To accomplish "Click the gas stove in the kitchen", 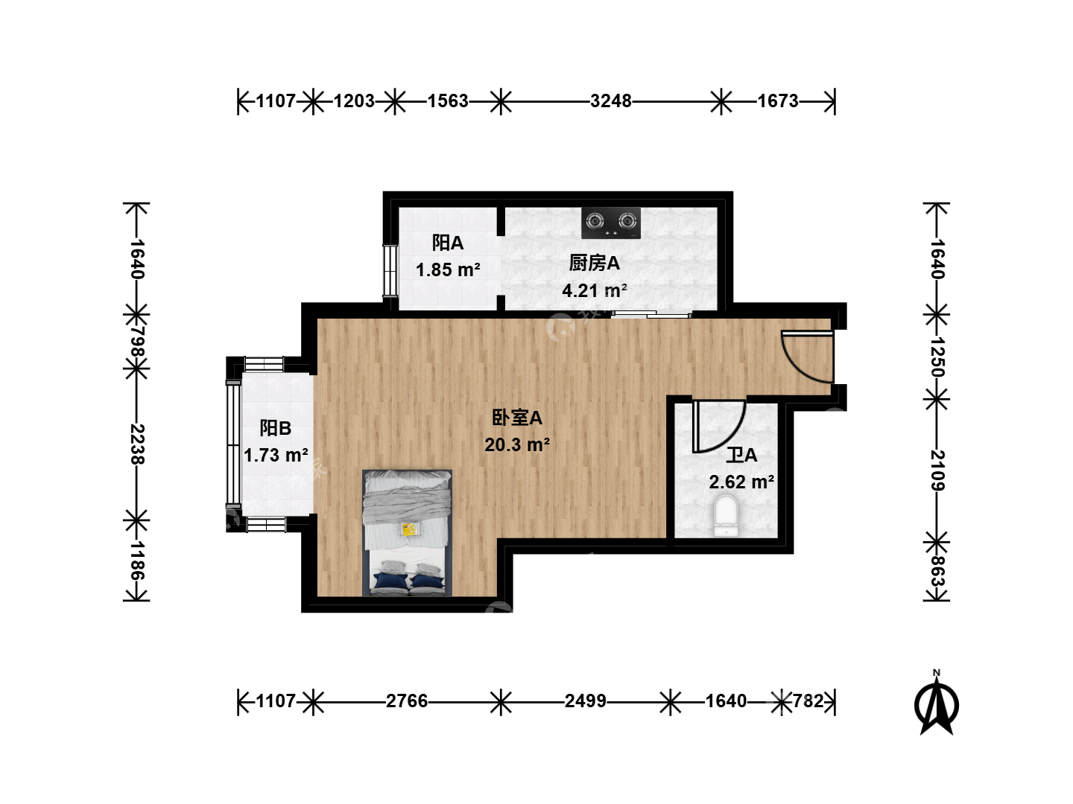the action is [x=610, y=223].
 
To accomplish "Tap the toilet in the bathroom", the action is [x=726, y=515].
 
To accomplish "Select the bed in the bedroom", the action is [x=407, y=533].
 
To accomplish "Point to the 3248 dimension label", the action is [x=610, y=101].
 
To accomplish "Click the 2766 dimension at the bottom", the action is [x=407, y=701].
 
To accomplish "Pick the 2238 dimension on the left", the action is [x=137, y=444].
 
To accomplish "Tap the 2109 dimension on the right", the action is [x=937, y=470].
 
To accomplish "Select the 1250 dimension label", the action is [x=937, y=357].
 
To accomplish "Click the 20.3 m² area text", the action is [x=517, y=444].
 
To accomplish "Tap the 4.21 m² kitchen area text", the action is [x=595, y=291].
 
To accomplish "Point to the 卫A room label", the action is [x=741, y=456].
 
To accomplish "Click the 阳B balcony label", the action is [x=275, y=428].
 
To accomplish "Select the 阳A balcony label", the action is [x=447, y=243].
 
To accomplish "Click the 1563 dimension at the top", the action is [x=448, y=101].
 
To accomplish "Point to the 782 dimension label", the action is [x=808, y=701].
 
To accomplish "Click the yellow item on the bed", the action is [x=408, y=529].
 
